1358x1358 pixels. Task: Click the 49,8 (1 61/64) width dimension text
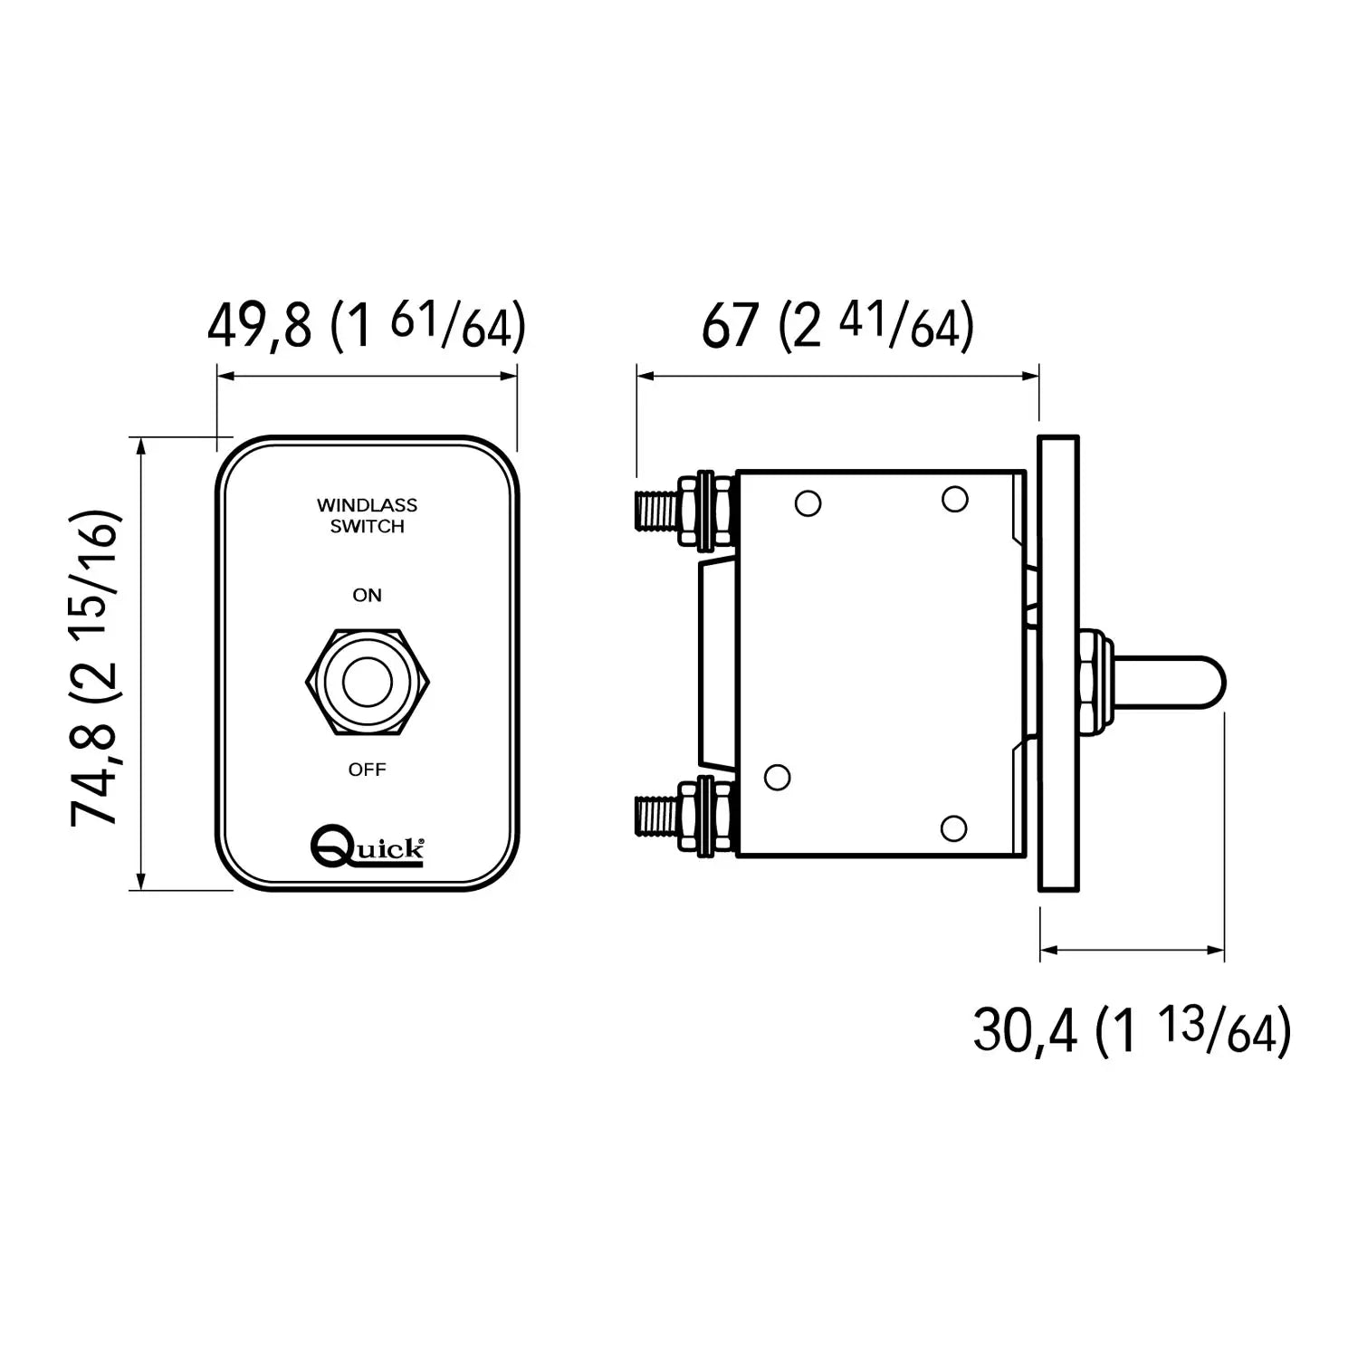[x=367, y=326]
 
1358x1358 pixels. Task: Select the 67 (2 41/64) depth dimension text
[x=837, y=326]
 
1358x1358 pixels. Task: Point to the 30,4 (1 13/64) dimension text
[x=1132, y=1030]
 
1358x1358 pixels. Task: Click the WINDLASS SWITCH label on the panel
[x=367, y=516]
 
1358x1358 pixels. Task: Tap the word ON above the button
[x=368, y=596]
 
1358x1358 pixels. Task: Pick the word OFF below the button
[x=368, y=770]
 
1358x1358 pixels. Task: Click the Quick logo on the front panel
[x=367, y=845]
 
